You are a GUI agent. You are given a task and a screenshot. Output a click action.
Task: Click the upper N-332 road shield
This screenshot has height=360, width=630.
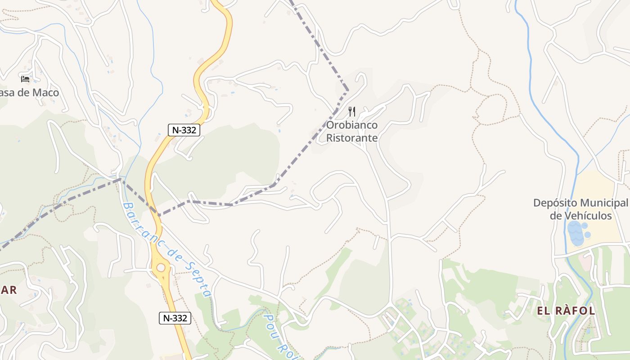[x=184, y=130]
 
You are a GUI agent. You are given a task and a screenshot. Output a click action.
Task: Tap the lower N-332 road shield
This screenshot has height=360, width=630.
[x=175, y=318]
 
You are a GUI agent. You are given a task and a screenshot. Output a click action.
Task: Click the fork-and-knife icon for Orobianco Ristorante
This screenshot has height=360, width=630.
[x=352, y=111]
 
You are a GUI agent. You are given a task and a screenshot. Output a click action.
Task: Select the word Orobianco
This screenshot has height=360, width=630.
[x=352, y=125]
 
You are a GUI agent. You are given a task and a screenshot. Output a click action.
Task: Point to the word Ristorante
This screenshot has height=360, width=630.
[x=352, y=138]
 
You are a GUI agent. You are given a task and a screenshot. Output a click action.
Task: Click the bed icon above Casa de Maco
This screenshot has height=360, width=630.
[x=25, y=79]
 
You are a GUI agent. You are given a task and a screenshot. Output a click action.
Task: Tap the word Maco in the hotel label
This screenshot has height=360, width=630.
[x=45, y=93]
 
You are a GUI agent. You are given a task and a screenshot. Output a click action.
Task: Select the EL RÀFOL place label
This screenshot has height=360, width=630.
[x=566, y=310]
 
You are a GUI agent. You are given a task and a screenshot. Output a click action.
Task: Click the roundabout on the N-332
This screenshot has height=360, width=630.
[x=161, y=268]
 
